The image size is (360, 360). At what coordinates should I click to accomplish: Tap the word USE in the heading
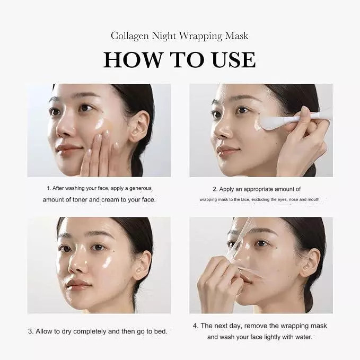pos(233,60)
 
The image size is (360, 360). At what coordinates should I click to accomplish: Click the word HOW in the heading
pos(133,60)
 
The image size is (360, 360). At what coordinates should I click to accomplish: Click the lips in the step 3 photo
pos(76,285)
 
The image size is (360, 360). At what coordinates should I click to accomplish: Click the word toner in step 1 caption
pos(80,200)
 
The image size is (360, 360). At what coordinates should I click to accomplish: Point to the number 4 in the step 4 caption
pos(196,326)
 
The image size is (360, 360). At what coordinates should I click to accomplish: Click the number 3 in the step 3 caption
pos(31,331)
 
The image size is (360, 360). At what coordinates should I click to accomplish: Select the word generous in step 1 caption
pos(141,189)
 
